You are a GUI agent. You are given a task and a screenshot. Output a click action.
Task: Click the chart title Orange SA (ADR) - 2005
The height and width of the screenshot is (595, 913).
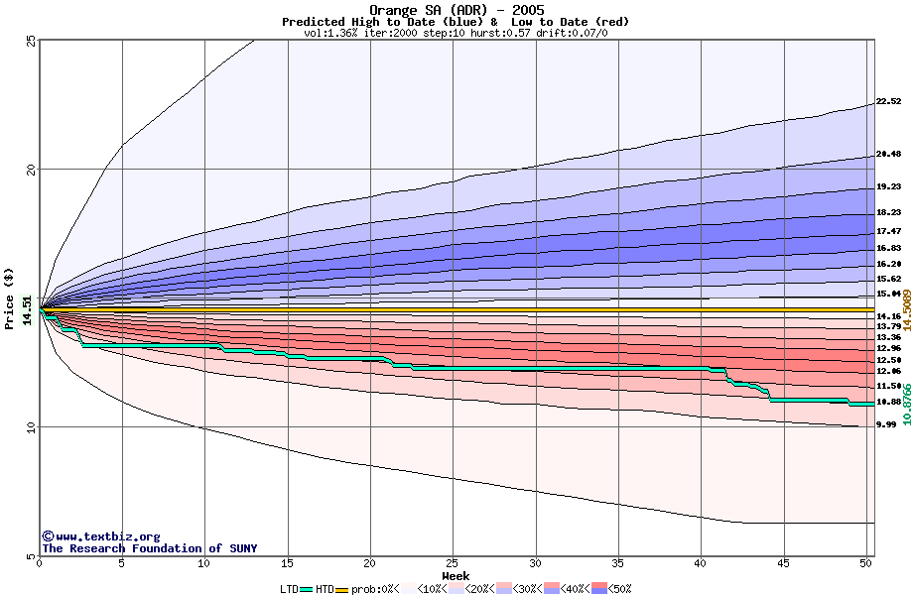pyautogui.click(x=456, y=10)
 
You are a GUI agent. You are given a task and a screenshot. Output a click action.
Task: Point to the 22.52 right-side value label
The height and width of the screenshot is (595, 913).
pyautogui.click(x=888, y=101)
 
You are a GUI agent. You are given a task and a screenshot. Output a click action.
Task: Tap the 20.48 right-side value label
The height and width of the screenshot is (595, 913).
pyautogui.click(x=888, y=154)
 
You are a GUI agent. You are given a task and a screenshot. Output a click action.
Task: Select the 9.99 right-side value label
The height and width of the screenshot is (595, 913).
pyautogui.click(x=886, y=424)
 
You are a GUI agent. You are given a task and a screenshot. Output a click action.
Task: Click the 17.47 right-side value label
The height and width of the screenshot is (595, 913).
pyautogui.click(x=888, y=231)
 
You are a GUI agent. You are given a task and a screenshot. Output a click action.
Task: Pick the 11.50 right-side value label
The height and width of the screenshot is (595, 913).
pyautogui.click(x=888, y=386)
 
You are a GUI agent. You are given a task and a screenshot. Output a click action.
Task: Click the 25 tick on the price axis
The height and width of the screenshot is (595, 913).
pyautogui.click(x=30, y=41)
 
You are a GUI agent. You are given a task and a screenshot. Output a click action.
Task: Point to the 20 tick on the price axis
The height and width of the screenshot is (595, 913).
pyautogui.click(x=30, y=170)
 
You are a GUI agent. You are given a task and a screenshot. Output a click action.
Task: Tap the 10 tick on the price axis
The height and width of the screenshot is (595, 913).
pyautogui.click(x=30, y=427)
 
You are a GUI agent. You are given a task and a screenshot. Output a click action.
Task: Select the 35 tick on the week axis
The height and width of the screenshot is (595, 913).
pyautogui.click(x=618, y=564)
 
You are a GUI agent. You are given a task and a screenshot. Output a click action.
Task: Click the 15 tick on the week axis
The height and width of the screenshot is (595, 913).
pyautogui.click(x=288, y=564)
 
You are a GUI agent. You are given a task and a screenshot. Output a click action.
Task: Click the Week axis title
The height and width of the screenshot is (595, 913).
pyautogui.click(x=456, y=576)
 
